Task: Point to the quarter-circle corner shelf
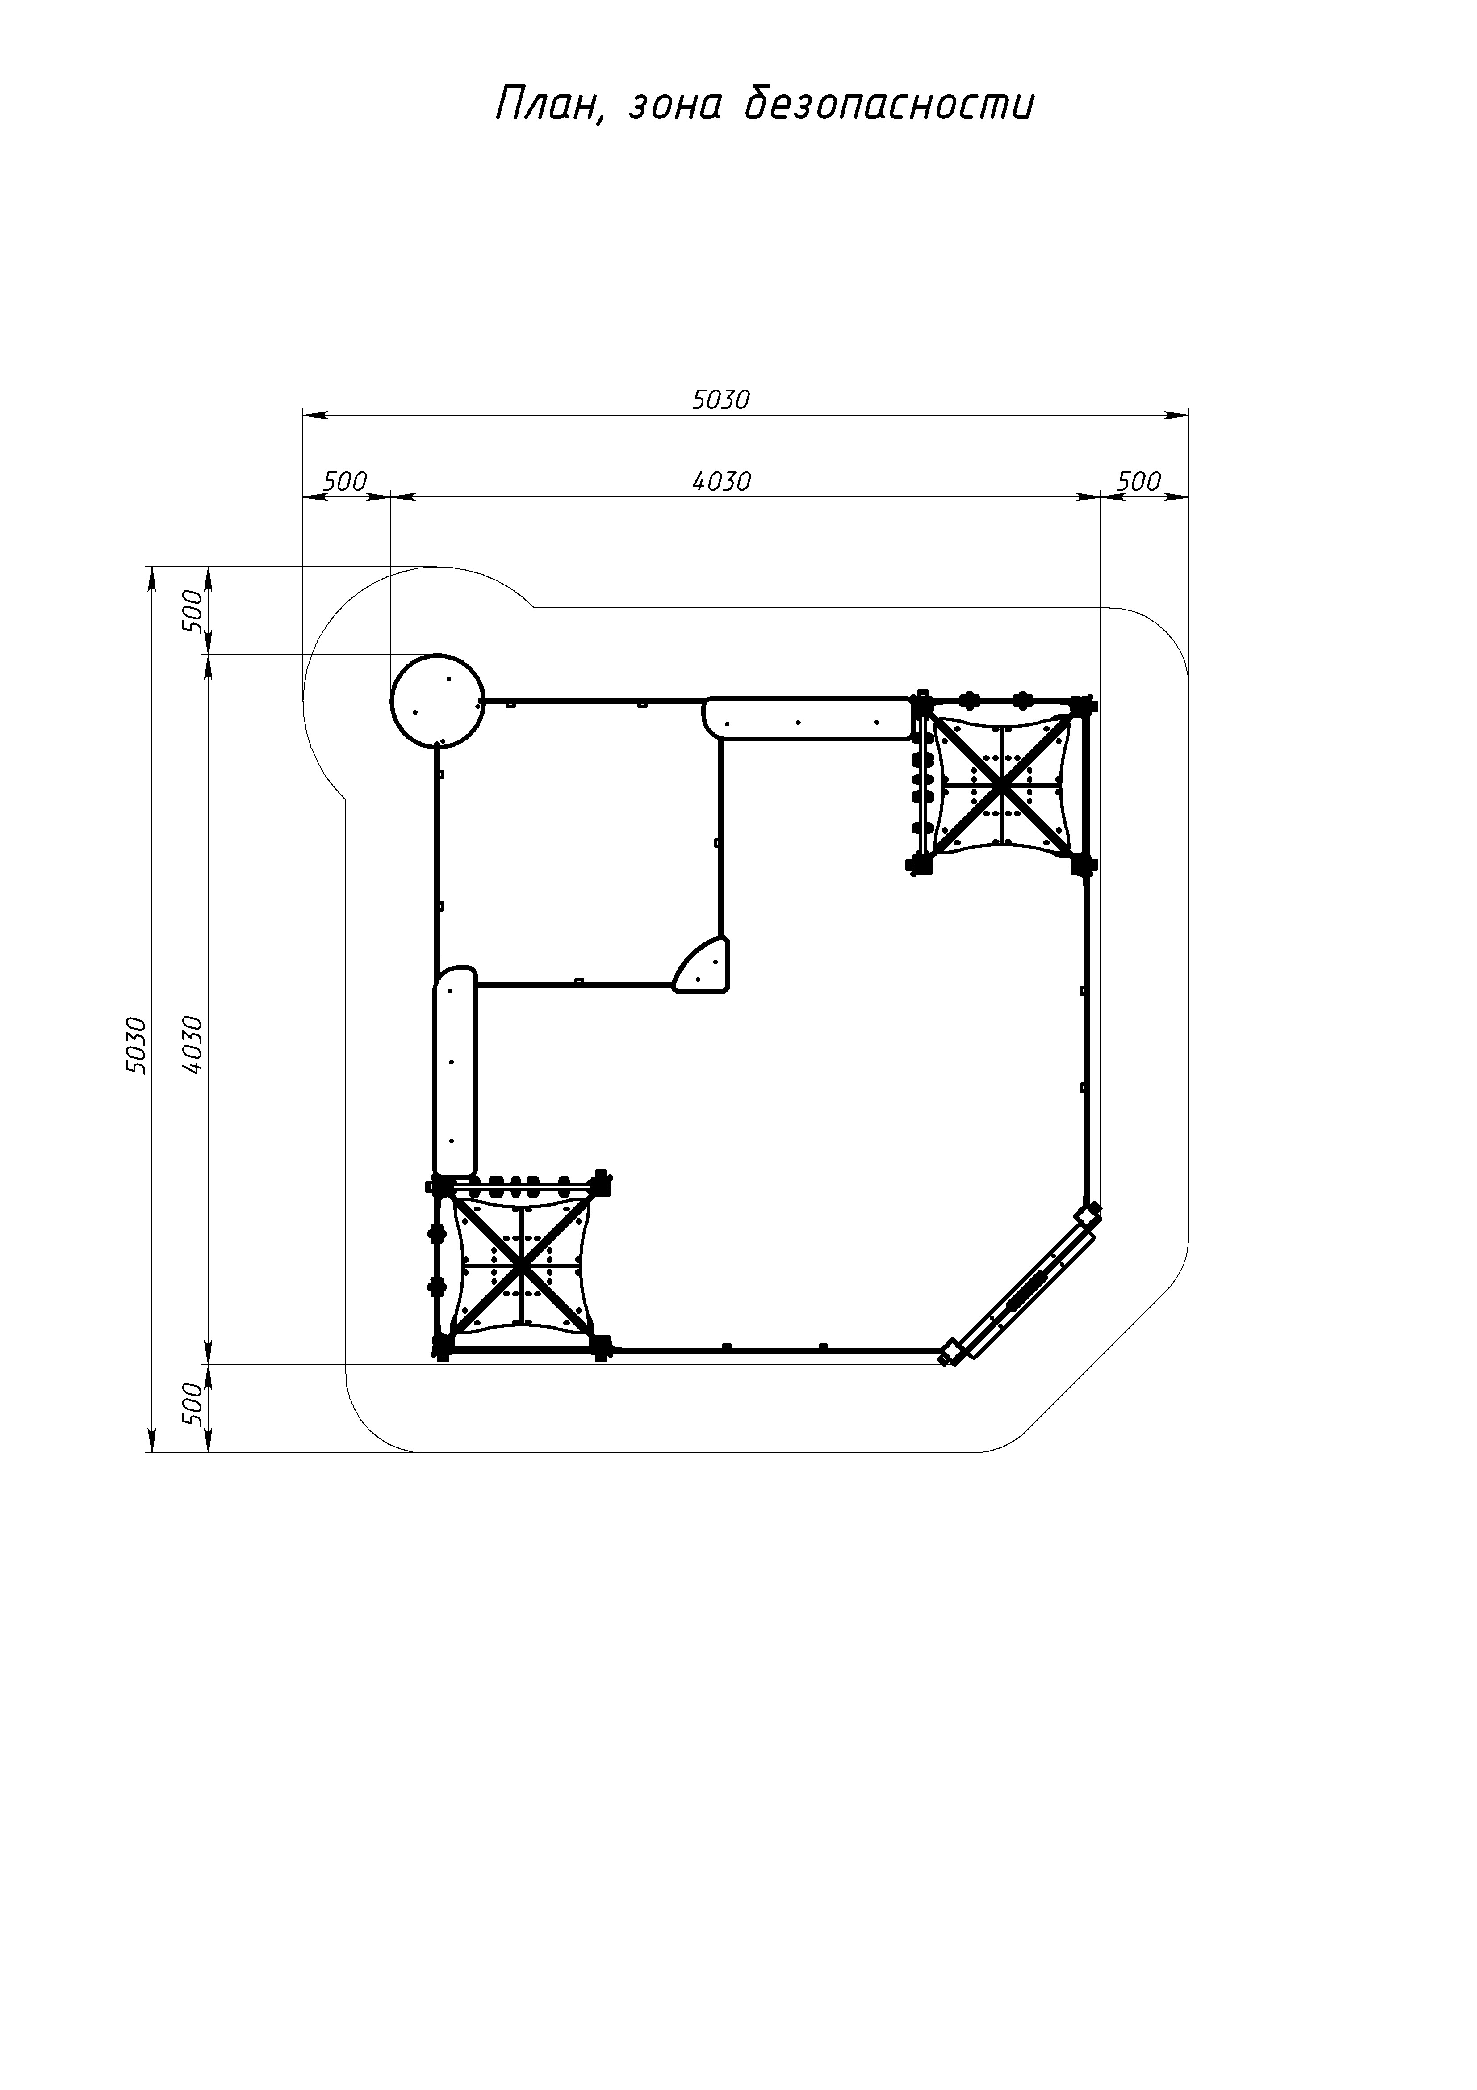coord(703,964)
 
